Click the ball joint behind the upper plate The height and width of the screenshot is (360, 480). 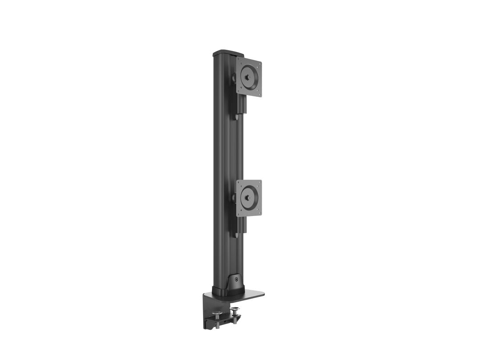tap(233, 79)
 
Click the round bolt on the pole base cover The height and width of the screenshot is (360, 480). tap(236, 280)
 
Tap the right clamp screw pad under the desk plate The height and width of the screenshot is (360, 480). tap(235, 309)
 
